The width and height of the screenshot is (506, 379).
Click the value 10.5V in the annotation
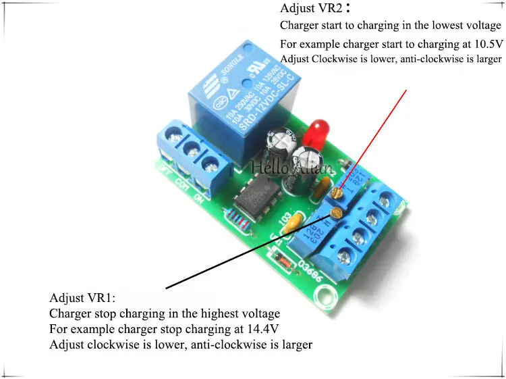(488, 44)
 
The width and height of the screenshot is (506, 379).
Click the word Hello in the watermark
(269, 166)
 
